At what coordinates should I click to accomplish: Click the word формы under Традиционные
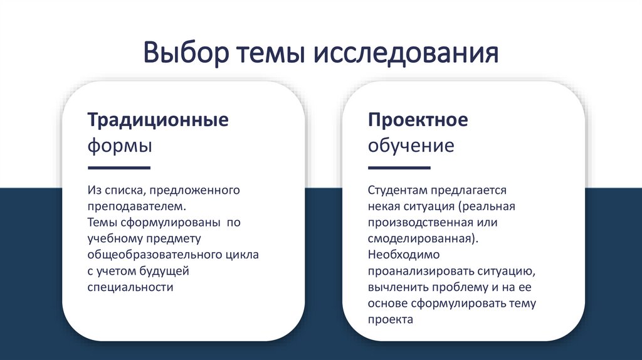119,146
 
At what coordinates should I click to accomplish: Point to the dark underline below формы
118,168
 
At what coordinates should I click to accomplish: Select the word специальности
129,287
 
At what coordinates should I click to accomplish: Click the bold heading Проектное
418,120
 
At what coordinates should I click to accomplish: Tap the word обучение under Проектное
411,146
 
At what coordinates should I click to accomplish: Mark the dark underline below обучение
399,168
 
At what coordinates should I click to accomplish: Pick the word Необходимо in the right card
404,255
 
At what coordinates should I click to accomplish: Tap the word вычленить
398,287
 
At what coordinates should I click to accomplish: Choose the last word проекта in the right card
390,320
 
